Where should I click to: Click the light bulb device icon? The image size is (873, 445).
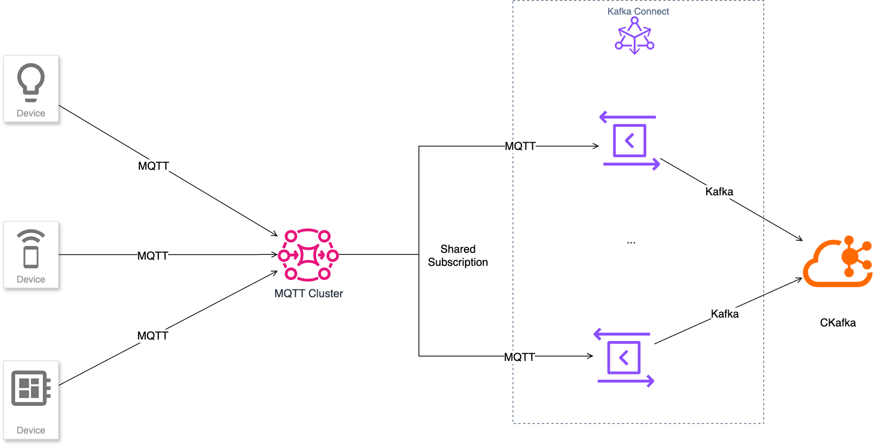click(x=31, y=82)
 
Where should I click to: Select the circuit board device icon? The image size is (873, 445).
click(x=31, y=388)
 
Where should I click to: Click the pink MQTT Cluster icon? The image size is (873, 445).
click(x=308, y=255)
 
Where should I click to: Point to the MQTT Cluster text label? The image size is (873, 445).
click(x=308, y=294)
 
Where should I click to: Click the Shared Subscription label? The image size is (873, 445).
click(x=458, y=255)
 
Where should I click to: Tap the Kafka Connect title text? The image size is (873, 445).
click(x=638, y=11)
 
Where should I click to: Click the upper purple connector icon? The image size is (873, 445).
click(x=630, y=140)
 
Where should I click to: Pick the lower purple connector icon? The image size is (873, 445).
click(x=624, y=357)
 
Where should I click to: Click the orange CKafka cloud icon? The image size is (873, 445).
click(x=837, y=262)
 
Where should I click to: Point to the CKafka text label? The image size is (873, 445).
click(x=837, y=323)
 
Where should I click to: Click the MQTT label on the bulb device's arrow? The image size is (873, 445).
click(x=153, y=166)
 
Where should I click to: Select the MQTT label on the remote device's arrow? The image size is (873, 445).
click(x=153, y=256)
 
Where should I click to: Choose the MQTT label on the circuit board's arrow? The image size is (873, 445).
click(x=153, y=336)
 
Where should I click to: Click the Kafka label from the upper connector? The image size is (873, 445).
click(x=719, y=192)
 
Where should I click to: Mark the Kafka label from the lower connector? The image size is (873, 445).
click(x=725, y=314)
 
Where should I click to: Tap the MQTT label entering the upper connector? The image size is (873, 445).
click(x=520, y=146)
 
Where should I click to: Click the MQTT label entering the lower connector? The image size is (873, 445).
click(x=519, y=357)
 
